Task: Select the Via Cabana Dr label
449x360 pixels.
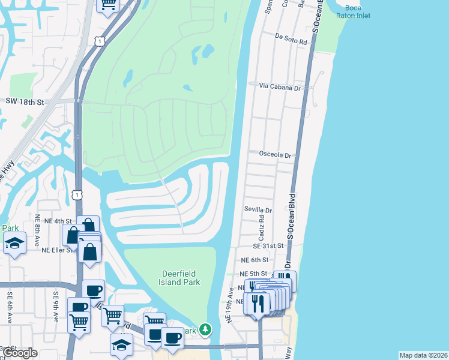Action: [x=280, y=86]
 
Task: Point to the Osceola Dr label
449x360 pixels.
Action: [x=275, y=154]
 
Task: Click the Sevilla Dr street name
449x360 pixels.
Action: [x=258, y=210]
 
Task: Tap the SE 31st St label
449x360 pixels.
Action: [x=268, y=246]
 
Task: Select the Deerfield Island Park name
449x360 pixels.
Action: [x=179, y=278]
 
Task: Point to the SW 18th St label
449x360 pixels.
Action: [x=25, y=103]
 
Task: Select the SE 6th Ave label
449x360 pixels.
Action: [x=10, y=305]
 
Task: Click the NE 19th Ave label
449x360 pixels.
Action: [x=229, y=305]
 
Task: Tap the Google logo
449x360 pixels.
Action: [x=20, y=353]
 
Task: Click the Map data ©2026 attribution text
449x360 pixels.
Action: [x=423, y=355]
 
